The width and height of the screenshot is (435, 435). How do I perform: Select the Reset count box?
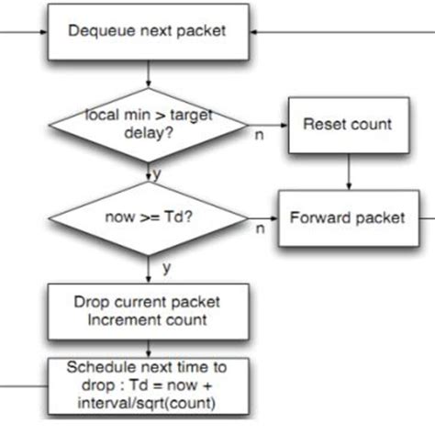point(348,125)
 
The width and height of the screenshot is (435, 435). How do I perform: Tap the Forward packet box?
point(348,217)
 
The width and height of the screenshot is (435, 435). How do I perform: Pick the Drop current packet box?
point(148,310)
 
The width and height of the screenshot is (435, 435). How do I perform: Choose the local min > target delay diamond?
point(148,125)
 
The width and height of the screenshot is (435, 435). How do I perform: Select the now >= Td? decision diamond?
point(148,217)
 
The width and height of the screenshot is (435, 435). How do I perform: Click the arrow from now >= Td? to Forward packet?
point(263,217)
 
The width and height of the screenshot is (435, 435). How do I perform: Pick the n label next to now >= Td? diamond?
point(259,230)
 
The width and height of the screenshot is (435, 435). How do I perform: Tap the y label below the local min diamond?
point(157,172)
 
